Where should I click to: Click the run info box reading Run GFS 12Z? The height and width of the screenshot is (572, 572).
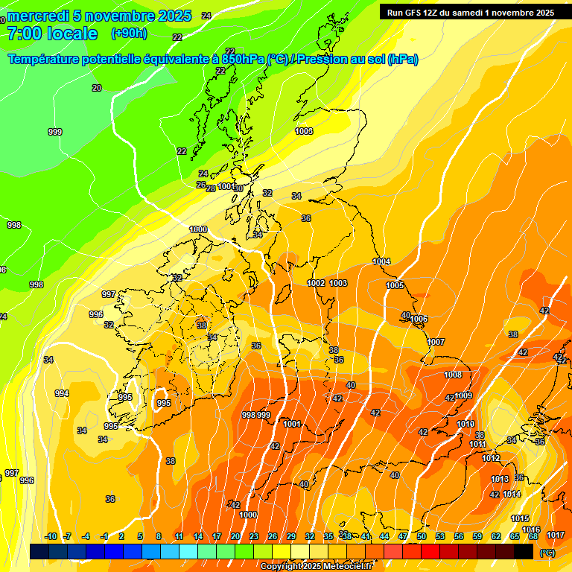click(470, 13)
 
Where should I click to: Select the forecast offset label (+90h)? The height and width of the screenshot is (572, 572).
click(129, 34)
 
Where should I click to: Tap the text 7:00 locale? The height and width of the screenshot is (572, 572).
click(52, 34)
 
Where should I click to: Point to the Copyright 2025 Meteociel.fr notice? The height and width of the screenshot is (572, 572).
click(317, 567)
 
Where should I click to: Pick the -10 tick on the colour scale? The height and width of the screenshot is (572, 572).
click(51, 536)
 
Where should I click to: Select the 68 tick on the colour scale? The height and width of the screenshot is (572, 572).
click(533, 536)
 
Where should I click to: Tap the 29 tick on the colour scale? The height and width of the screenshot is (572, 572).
click(291, 536)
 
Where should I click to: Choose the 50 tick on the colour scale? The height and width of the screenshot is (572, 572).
click(422, 536)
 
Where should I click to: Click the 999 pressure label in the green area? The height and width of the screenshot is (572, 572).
click(55, 132)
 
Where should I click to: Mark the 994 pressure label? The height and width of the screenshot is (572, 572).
click(62, 393)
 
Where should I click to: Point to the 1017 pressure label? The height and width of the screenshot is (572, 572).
click(555, 535)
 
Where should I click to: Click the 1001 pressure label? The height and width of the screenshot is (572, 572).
click(292, 424)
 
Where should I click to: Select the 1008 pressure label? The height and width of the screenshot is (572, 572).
click(453, 375)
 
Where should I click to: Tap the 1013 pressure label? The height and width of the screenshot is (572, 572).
click(500, 479)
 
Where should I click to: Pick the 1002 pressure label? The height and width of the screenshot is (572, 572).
click(317, 283)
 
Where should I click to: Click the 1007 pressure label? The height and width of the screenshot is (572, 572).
click(436, 342)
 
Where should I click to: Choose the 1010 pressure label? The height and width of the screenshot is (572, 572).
click(465, 424)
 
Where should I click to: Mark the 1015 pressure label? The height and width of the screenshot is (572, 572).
click(520, 518)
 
